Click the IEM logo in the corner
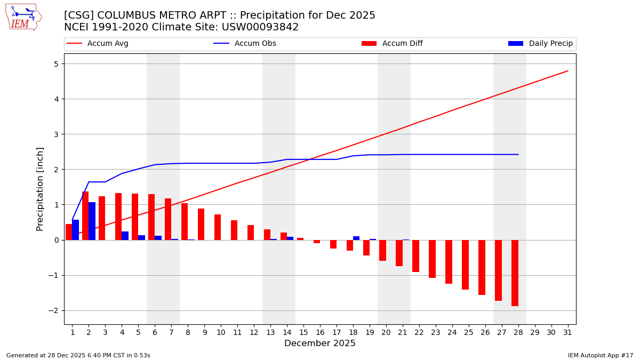click(23, 17)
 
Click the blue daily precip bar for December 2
click(92, 221)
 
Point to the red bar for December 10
click(218, 227)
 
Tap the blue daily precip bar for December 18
click(356, 238)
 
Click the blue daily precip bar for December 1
click(75, 230)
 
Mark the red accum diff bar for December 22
click(415, 256)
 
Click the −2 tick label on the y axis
click(54, 310)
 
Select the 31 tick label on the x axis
click(567, 332)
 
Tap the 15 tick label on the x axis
click(303, 332)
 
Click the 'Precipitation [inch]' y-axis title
click(40, 189)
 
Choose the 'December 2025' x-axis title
click(319, 343)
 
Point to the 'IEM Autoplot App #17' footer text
click(601, 355)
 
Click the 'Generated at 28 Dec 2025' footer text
click(78, 355)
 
